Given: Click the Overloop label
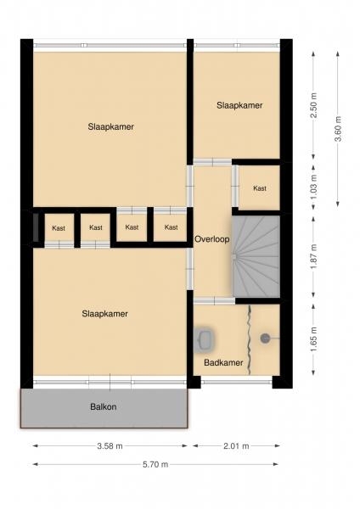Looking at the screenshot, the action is tap(212, 239).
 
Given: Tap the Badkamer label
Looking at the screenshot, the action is tap(223, 362).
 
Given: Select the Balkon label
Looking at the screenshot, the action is tap(104, 406).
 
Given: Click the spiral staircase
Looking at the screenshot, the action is tap(256, 256).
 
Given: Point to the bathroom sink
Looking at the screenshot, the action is tap(205, 338).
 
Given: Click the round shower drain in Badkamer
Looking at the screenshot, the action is tap(265, 338).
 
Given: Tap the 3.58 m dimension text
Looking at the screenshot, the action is tap(110, 446).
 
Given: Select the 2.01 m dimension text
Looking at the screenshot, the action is tap(236, 446).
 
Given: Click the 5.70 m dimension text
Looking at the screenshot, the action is tap(155, 465).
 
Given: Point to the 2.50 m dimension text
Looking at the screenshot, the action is tap(313, 106).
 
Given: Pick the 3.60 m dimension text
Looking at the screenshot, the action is tap(338, 129).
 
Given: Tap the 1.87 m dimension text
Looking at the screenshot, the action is tap(313, 256).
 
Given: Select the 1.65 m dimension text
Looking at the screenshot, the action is tap(313, 339).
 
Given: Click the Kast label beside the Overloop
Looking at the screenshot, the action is tap(260, 188).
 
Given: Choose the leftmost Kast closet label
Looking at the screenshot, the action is tap(59, 228).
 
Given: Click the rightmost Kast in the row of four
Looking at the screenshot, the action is tap(171, 227).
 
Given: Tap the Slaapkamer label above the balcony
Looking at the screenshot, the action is tap(104, 314).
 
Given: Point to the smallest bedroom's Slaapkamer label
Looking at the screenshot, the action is tap(239, 105).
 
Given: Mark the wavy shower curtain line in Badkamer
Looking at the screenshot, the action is tap(250, 340).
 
